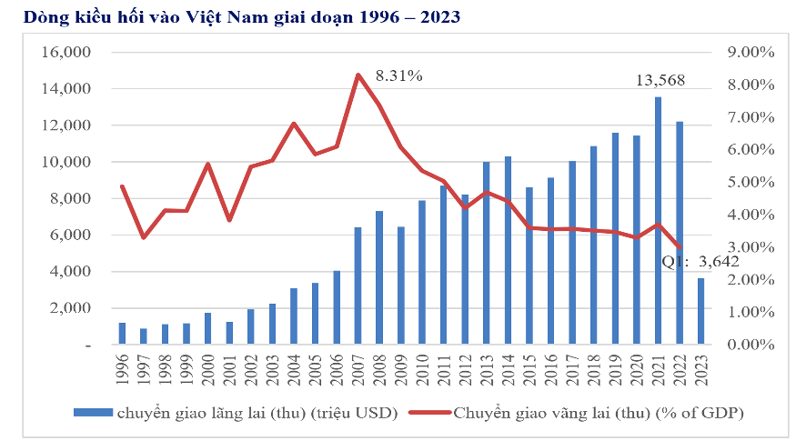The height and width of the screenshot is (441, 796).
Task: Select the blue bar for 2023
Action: [x=700, y=311]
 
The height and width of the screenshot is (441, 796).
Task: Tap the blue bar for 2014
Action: [x=508, y=250]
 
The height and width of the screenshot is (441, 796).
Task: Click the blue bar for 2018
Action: [x=593, y=245]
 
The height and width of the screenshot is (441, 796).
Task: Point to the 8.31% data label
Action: [x=398, y=76]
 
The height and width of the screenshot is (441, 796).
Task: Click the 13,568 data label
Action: [x=660, y=81]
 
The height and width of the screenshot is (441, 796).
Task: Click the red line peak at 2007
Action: [x=358, y=75]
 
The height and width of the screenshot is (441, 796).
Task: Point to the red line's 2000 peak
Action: [x=208, y=165]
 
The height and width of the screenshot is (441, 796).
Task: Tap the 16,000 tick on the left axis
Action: [x=66, y=53]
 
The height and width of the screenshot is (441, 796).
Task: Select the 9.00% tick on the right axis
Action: [x=751, y=53]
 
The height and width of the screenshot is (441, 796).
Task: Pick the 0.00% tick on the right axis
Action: [x=751, y=345]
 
